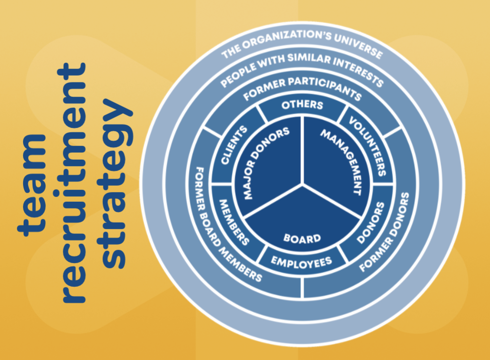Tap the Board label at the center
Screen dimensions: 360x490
coord(302,238)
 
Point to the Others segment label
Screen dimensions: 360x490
coord(302,104)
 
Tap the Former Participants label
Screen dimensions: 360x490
coord(302,87)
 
